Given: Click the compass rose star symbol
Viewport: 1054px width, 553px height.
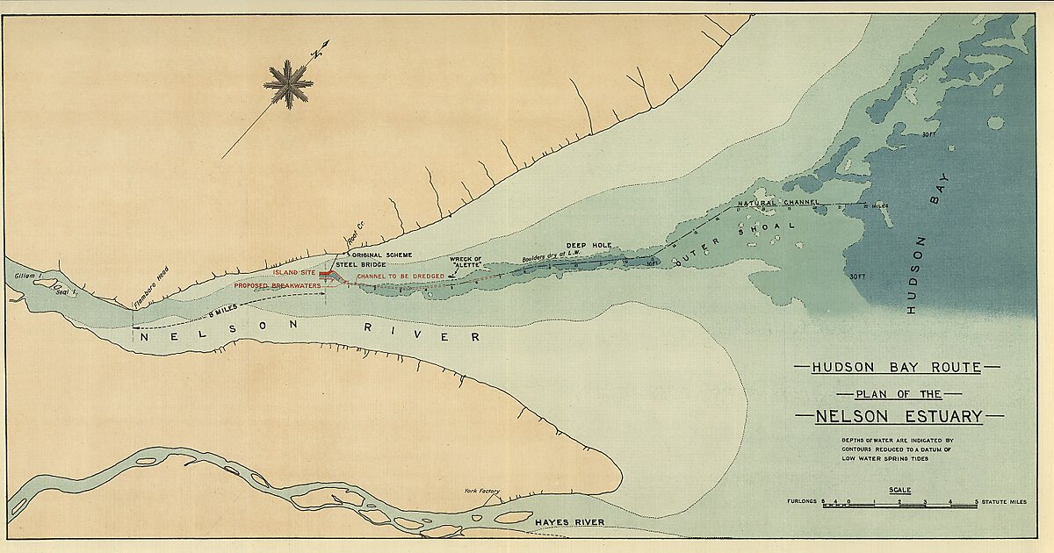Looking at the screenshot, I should point(288,85).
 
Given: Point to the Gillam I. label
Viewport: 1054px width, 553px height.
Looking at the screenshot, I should point(29,276).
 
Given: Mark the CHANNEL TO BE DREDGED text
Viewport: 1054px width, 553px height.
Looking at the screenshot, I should point(400,276).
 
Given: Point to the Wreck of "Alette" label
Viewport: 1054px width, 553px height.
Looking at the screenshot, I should point(466,262).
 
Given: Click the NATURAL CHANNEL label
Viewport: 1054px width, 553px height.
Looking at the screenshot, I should point(778,203).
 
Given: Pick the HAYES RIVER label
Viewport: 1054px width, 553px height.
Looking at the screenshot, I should point(569,522).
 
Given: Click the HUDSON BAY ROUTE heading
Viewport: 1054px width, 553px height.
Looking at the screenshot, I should point(897,367).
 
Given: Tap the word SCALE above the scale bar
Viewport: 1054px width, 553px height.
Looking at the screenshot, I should point(899,490).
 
